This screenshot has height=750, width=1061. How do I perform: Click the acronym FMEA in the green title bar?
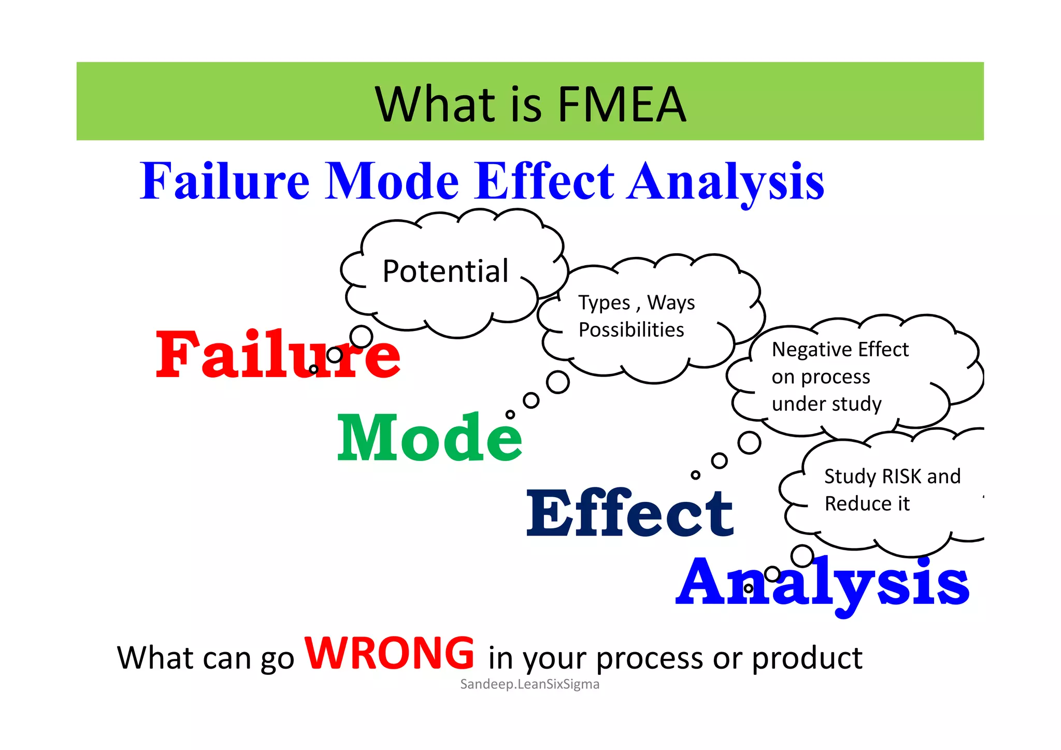[x=621, y=105]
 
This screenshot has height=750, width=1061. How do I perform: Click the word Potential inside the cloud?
[x=446, y=271]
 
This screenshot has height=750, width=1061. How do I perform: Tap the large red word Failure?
[x=278, y=355]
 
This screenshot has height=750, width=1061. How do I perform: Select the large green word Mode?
[x=429, y=438]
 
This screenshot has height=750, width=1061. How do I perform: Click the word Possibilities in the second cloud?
[x=631, y=330]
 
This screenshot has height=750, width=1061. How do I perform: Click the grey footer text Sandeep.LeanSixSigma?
[x=529, y=684]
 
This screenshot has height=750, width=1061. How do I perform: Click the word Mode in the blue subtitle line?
[x=392, y=181]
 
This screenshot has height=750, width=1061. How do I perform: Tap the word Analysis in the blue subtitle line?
[x=725, y=181]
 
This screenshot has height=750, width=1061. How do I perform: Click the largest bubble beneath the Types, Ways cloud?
[x=558, y=382]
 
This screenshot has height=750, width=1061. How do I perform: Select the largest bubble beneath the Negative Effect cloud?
[x=749, y=443]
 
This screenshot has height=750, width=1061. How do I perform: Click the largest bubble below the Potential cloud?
[x=361, y=337]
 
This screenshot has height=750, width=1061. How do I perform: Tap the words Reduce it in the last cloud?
[x=867, y=503]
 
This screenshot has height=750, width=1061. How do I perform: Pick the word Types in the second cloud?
[x=604, y=303]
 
